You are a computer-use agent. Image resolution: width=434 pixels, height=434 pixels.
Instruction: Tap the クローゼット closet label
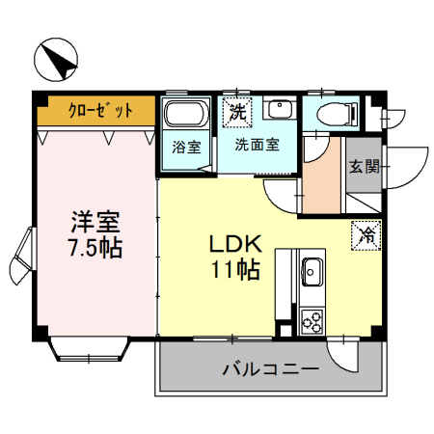point(99,110)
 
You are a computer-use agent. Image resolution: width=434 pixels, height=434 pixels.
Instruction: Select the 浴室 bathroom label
point(186,148)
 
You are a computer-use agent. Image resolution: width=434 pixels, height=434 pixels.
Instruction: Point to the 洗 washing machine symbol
point(237,112)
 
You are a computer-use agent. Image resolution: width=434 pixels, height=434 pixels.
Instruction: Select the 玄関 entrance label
point(364,165)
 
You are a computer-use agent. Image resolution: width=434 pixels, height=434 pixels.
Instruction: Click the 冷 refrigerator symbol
point(366,233)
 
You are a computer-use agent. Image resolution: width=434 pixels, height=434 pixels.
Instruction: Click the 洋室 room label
point(94,221)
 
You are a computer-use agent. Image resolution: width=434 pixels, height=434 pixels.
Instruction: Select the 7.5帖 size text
point(94,248)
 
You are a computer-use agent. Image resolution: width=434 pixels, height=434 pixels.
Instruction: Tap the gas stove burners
point(313,318)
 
